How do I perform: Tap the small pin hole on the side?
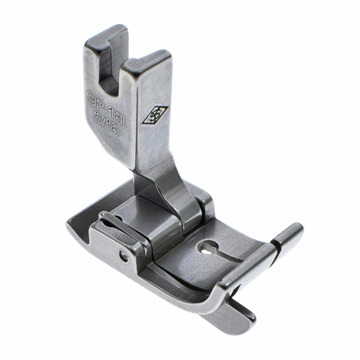pyautogui.click(x=122, y=258)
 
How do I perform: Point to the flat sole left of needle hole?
pyautogui.click(x=188, y=248)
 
